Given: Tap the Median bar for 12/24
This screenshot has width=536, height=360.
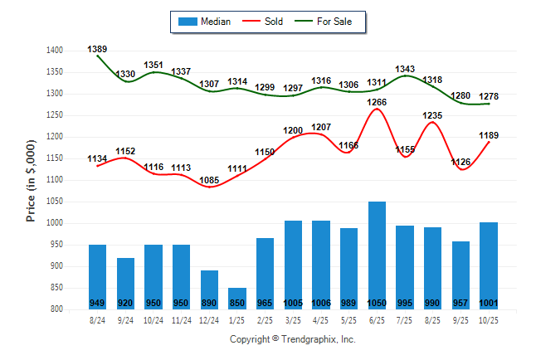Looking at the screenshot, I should tap(209, 286).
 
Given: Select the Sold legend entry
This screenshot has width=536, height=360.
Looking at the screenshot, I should tap(266, 22).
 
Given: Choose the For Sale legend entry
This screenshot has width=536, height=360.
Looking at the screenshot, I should tap(327, 22).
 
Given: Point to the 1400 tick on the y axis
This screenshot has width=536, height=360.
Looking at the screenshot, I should tap(55, 51).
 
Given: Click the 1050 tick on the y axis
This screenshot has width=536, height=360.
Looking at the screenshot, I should tap(55, 202).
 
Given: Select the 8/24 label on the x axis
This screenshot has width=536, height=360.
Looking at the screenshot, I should tap(97, 319).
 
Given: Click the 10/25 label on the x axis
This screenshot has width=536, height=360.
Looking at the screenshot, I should tap(489, 319).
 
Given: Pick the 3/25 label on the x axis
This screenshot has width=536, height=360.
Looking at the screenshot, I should tap(293, 319).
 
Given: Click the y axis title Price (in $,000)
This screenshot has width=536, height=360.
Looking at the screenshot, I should tap(31, 179).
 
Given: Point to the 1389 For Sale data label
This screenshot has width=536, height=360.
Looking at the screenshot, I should tap(97, 50).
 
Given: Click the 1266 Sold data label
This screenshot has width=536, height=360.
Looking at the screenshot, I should tap(377, 102).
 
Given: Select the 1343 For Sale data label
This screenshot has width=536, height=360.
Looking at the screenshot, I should tap(405, 69).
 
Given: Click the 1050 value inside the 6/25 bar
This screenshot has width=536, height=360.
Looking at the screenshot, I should tap(377, 303).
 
